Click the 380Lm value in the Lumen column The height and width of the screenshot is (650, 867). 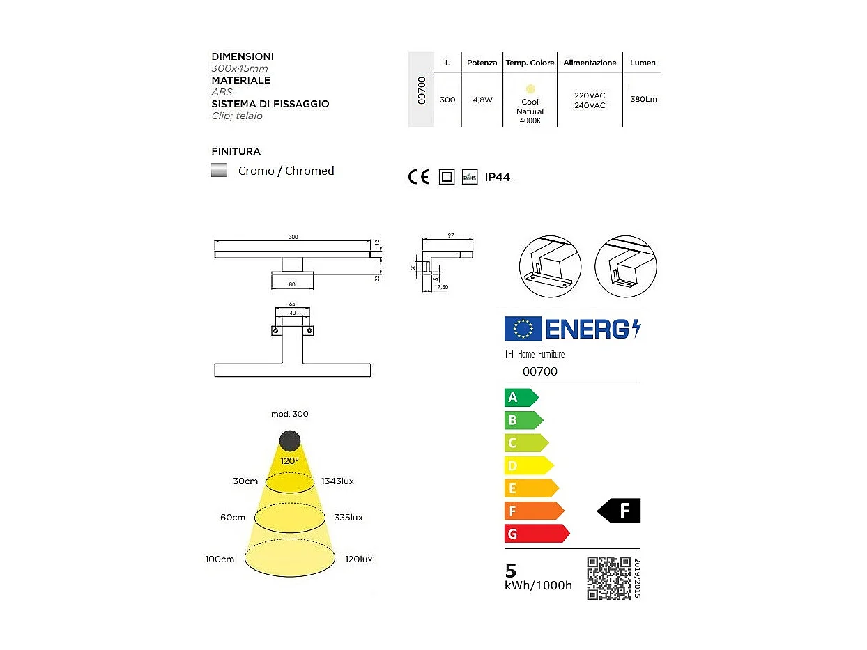(643, 100)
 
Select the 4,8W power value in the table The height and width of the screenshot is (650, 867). (482, 100)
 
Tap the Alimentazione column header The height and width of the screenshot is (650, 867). (590, 63)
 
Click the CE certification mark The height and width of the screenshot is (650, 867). (419, 177)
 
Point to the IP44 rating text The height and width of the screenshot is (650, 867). (497, 177)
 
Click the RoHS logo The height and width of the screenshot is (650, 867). (470, 177)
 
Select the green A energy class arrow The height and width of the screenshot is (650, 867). (521, 397)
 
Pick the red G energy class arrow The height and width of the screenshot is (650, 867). (536, 534)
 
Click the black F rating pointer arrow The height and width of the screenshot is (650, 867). (619, 511)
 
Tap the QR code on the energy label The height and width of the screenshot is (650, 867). (608, 578)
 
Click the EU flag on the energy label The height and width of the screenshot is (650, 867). (523, 328)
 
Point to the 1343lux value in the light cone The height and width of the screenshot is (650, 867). (337, 481)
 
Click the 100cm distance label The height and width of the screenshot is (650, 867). (220, 559)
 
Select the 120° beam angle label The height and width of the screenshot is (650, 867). (290, 461)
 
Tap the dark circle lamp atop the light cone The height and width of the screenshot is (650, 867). (290, 440)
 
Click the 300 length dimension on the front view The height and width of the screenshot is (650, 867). (293, 238)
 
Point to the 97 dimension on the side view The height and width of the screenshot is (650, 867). (450, 236)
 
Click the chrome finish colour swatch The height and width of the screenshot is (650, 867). (220, 171)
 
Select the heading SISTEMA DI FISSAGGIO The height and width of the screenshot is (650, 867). (270, 104)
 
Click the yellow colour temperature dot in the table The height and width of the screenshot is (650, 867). (530, 88)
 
